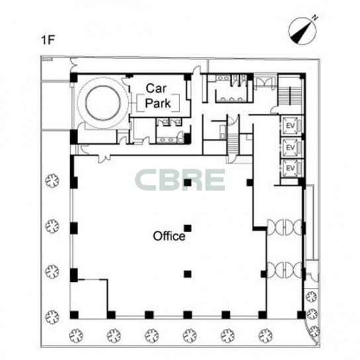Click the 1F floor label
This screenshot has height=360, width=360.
(x=48, y=40)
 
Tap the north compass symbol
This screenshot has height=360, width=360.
(x=304, y=30)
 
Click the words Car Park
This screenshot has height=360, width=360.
(x=157, y=96)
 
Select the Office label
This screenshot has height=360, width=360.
(x=169, y=236)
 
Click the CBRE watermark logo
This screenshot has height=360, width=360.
(x=180, y=180)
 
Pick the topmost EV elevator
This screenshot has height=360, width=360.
(x=291, y=125)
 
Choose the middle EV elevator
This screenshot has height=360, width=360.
(x=291, y=147)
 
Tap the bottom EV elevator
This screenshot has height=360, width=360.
(x=291, y=168)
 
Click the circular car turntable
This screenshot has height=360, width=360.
(x=103, y=103)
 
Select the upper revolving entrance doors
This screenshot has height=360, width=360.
(x=285, y=227)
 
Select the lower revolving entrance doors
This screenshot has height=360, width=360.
(x=285, y=270)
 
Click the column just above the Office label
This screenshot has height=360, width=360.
(x=187, y=228)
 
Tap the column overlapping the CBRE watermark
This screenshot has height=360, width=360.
(x=187, y=183)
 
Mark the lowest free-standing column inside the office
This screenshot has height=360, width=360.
(x=187, y=274)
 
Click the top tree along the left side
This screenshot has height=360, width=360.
(x=52, y=181)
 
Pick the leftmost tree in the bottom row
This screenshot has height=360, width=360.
(x=76, y=336)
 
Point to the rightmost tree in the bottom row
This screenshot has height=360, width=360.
(x=265, y=336)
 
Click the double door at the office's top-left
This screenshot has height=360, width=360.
(x=104, y=158)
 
